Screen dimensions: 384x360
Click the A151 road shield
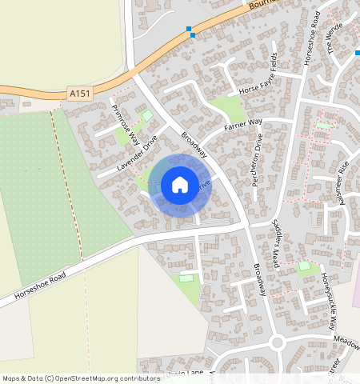point(81,94)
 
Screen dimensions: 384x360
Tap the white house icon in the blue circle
point(180,185)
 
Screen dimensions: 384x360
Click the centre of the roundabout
point(277,343)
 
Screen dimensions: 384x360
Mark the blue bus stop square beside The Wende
point(358,53)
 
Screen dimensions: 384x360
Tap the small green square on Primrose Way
point(146,116)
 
